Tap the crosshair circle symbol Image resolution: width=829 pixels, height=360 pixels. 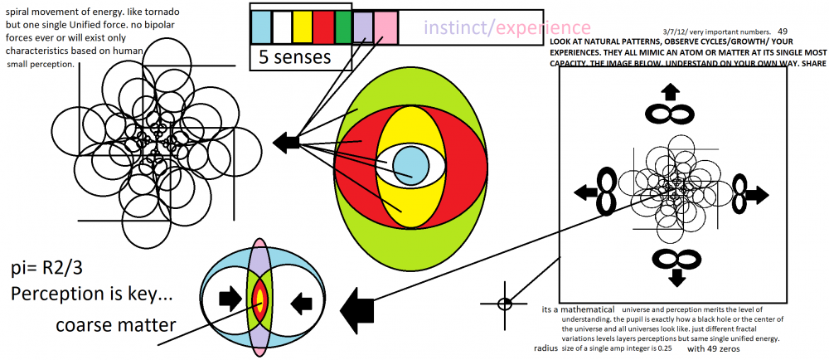pyautogui.click(x=505, y=303)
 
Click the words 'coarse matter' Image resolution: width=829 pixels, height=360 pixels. pyautogui.click(x=115, y=324)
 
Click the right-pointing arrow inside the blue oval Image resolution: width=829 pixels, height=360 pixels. pyautogui.click(x=227, y=299)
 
